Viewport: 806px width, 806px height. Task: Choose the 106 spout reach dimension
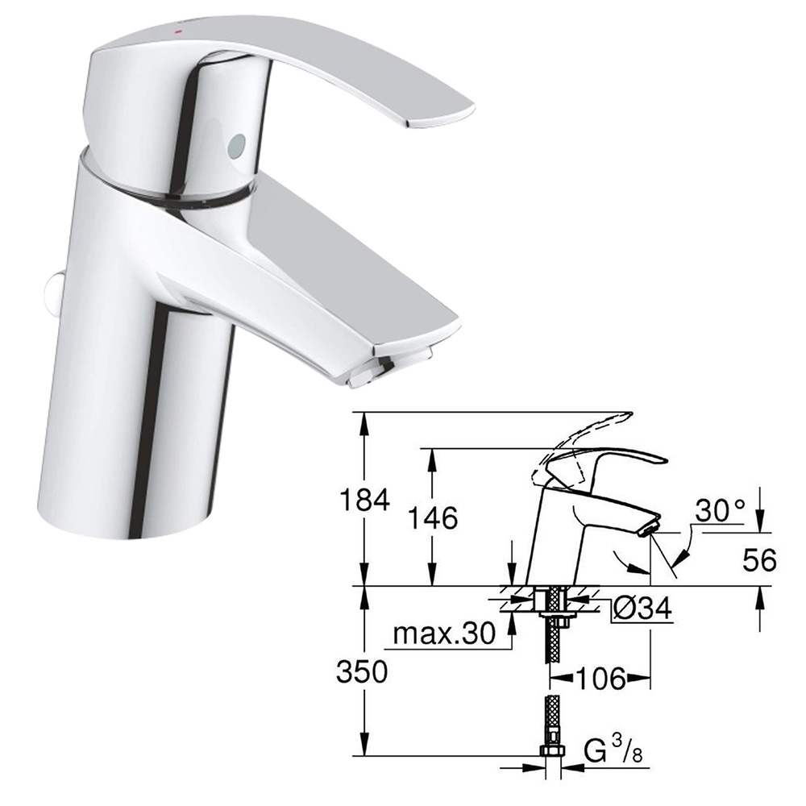[599, 679]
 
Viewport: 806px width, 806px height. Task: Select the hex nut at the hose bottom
[551, 751]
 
